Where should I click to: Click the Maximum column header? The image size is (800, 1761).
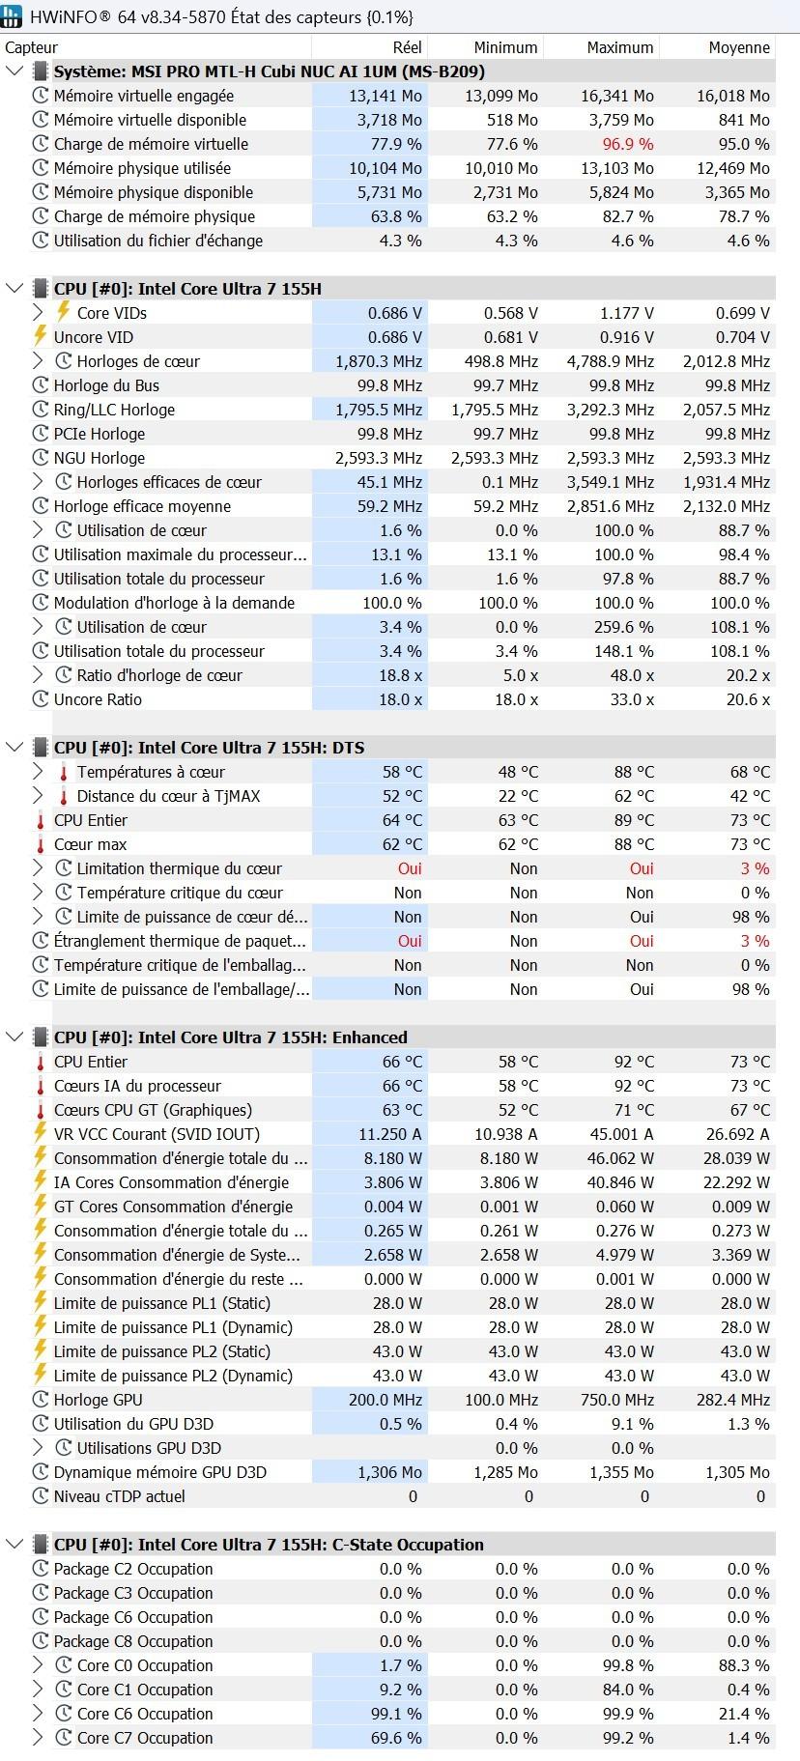point(619,47)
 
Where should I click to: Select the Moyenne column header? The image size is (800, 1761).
point(738,47)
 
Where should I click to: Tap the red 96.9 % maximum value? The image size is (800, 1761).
point(628,144)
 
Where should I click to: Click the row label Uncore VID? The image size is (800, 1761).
point(94,337)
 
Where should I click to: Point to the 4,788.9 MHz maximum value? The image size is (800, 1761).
point(610,361)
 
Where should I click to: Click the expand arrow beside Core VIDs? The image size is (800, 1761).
point(38,313)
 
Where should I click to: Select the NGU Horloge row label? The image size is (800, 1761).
point(99,458)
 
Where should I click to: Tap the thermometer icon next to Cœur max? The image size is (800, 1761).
point(41,844)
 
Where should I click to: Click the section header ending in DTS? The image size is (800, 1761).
point(209,748)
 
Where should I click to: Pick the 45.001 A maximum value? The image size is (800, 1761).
point(621,1134)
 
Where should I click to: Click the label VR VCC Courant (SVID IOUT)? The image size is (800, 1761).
point(157,1134)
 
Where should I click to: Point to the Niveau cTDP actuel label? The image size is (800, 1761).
point(119,1496)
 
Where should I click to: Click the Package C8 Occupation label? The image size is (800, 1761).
point(133,1641)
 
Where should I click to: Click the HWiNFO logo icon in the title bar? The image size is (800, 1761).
point(13,16)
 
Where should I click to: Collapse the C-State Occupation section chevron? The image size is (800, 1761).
point(14,1545)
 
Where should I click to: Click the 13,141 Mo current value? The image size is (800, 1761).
point(386,96)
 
